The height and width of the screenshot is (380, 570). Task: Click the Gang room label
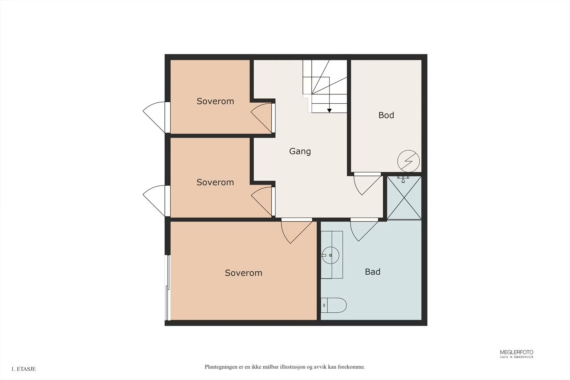(300, 152)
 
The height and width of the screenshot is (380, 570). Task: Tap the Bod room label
(386, 115)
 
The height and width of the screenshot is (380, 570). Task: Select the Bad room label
(373, 272)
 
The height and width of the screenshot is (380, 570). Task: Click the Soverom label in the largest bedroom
(244, 273)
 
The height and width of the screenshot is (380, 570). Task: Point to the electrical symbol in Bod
(408, 161)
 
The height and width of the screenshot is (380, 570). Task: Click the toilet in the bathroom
(333, 305)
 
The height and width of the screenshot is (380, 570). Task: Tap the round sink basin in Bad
(331, 255)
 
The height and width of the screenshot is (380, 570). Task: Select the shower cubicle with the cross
(404, 198)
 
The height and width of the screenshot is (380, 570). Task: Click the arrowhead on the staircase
(330, 111)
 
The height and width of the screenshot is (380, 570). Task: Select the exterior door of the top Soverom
(155, 117)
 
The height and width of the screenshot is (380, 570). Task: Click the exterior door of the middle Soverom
(155, 201)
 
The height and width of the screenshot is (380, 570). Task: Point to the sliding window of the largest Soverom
(168, 287)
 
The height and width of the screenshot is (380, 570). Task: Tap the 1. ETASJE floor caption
(24, 369)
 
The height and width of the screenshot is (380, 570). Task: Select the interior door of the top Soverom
(262, 118)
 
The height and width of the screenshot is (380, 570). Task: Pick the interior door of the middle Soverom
(262, 202)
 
